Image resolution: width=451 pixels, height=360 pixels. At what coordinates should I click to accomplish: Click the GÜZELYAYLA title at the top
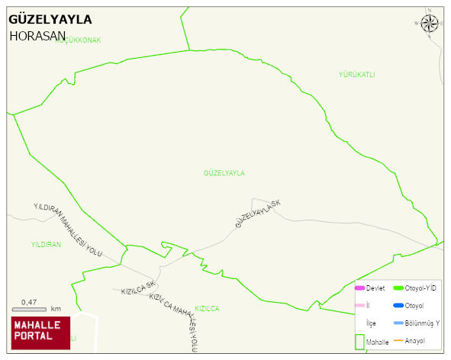tap(50, 19)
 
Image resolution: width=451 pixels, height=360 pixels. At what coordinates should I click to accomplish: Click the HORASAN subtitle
tap(37, 35)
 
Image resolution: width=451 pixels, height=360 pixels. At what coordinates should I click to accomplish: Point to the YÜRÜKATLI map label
tap(356, 75)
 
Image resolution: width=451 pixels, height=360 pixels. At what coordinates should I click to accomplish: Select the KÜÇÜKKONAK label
tap(78, 40)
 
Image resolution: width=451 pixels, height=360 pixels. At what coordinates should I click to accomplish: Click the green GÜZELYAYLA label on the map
tap(224, 173)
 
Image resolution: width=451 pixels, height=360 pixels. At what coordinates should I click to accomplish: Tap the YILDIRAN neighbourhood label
tap(46, 244)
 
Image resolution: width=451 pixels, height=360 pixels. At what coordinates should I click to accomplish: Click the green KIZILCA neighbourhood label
tap(207, 308)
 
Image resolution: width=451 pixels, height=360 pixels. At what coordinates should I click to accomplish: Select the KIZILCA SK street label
tap(138, 291)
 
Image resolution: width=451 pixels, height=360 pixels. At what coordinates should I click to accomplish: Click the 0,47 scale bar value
tap(29, 302)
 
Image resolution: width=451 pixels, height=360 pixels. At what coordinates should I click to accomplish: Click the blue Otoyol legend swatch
tap(398, 306)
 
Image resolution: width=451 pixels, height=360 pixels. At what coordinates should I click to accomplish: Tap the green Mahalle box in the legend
tap(359, 342)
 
